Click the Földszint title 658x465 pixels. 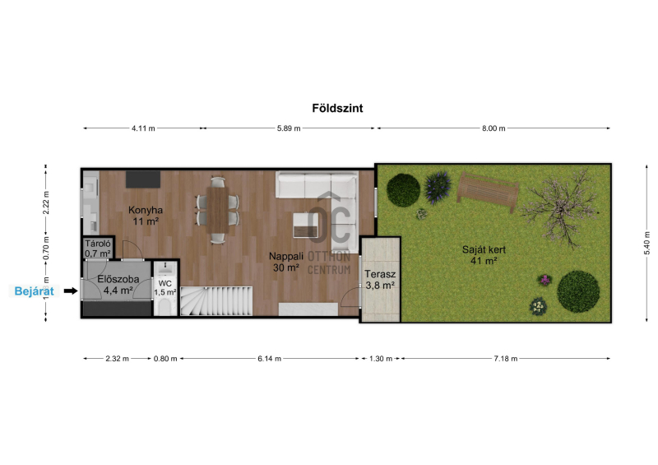click(x=337, y=108)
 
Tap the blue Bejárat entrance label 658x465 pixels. click(x=34, y=291)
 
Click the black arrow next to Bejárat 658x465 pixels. click(x=71, y=291)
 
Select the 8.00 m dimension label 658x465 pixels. click(x=493, y=128)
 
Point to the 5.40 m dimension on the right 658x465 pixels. click(x=646, y=243)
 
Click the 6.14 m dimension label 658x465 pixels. click(x=270, y=359)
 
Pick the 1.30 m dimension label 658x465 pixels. click(x=381, y=359)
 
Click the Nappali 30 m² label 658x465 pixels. click(x=286, y=262)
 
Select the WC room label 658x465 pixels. click(x=165, y=284)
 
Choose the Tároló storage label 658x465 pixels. click(x=98, y=244)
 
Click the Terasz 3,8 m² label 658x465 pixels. click(x=380, y=280)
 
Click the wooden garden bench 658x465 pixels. click(x=488, y=191)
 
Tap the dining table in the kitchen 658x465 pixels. click(x=218, y=210)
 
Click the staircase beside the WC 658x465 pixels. click(x=216, y=300)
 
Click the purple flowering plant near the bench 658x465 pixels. click(x=438, y=187)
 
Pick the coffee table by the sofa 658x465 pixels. click(x=305, y=226)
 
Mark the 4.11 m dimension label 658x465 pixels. click(x=143, y=128)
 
